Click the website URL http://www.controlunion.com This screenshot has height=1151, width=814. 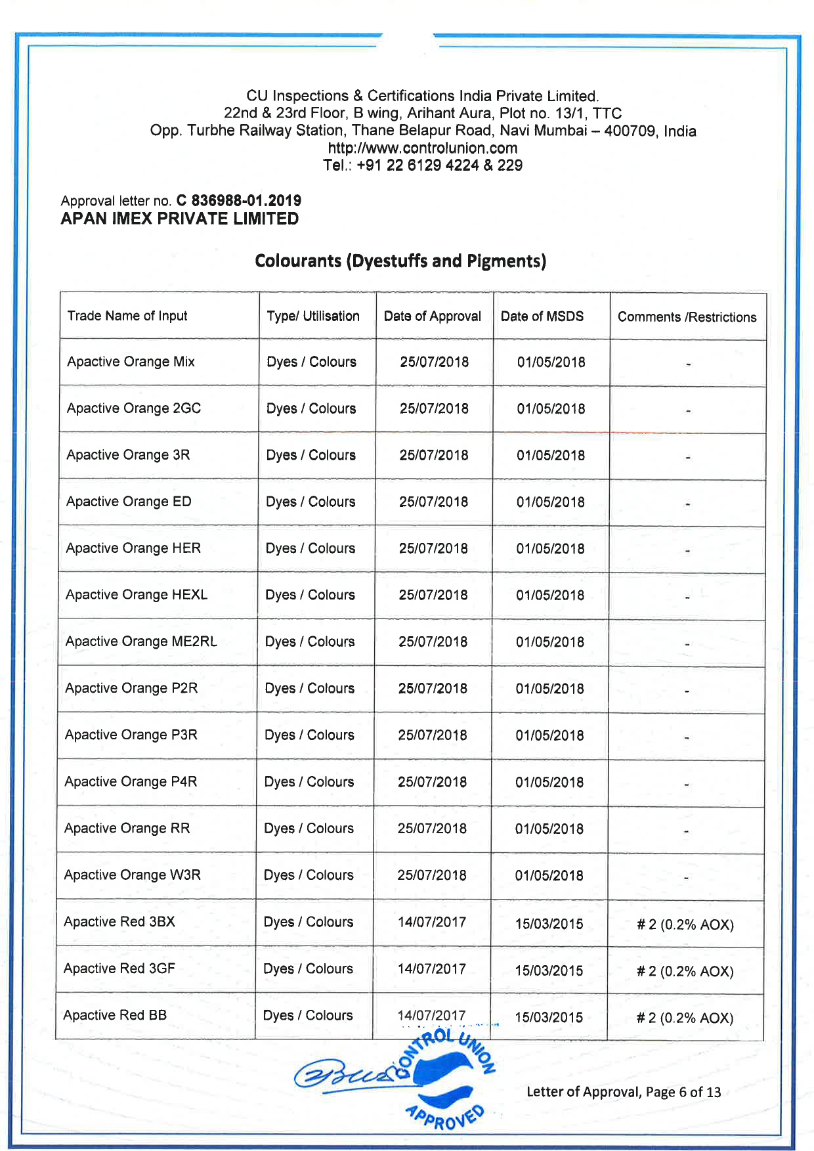(x=422, y=148)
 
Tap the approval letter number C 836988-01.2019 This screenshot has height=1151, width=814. (x=238, y=200)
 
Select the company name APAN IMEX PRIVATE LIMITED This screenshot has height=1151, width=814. (x=180, y=219)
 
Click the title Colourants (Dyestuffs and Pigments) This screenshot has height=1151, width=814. (x=400, y=261)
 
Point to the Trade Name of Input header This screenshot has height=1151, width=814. (x=127, y=316)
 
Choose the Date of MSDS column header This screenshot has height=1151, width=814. (x=542, y=316)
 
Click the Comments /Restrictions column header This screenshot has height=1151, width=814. (x=687, y=317)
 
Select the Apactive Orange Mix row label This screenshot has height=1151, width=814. (x=131, y=362)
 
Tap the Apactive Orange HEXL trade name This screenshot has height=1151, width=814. (x=137, y=595)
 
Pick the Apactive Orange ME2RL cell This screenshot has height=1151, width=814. (x=141, y=641)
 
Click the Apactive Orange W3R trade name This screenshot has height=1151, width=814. (x=133, y=875)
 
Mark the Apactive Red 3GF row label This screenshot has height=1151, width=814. (x=119, y=968)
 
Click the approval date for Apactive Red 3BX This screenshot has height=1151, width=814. (x=432, y=922)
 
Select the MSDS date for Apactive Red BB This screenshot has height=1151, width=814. (x=549, y=1018)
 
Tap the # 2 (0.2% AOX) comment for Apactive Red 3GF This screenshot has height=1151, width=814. (x=685, y=971)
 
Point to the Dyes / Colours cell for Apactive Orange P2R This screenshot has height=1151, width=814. (x=310, y=688)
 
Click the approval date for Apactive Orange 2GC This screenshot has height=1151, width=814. (x=434, y=408)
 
